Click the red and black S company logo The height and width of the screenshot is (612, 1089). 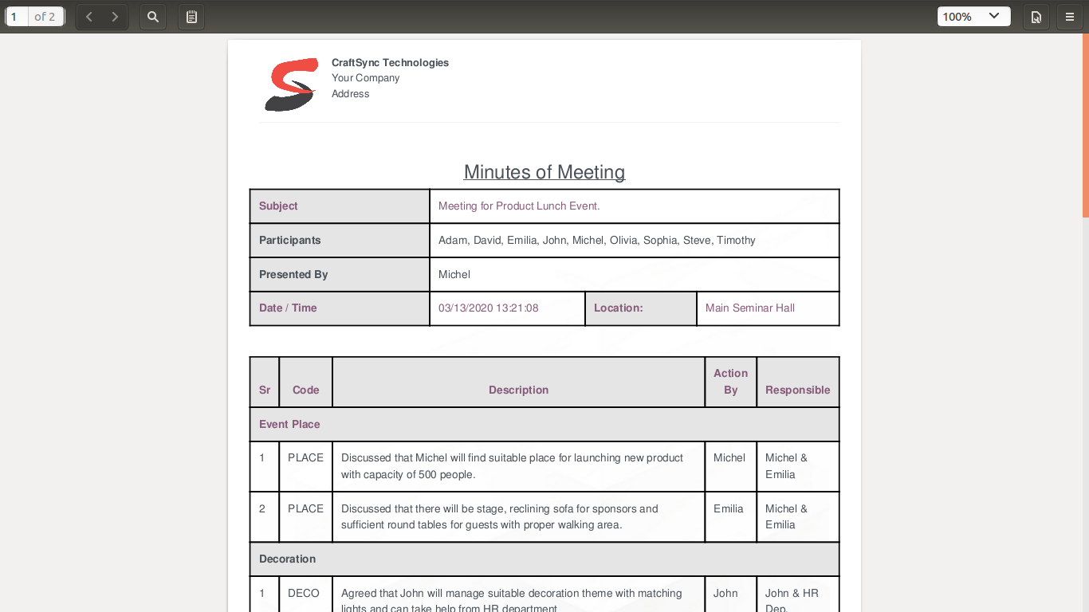[291, 84]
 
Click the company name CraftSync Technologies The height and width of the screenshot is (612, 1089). [390, 62]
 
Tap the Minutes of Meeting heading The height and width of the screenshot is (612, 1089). [544, 172]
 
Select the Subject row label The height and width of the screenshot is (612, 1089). [278, 206]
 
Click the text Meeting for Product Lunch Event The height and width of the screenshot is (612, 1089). [519, 206]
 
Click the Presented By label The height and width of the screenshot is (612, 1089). [293, 274]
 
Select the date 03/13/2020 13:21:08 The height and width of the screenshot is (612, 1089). [489, 308]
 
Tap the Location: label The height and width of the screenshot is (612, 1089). [618, 308]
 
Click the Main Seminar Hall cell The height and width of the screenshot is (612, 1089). [750, 308]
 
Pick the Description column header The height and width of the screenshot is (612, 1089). [518, 390]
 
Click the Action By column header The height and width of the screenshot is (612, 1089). [730, 382]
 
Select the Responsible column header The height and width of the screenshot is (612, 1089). [797, 390]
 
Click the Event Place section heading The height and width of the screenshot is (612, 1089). [289, 424]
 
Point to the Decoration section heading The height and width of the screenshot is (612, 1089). [287, 559]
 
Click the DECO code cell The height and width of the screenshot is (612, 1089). [304, 593]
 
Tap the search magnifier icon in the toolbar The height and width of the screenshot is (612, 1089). [153, 17]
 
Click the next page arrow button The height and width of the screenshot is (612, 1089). [115, 17]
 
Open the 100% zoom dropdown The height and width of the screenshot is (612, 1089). [973, 17]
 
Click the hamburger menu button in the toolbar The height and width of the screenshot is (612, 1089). [1070, 17]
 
